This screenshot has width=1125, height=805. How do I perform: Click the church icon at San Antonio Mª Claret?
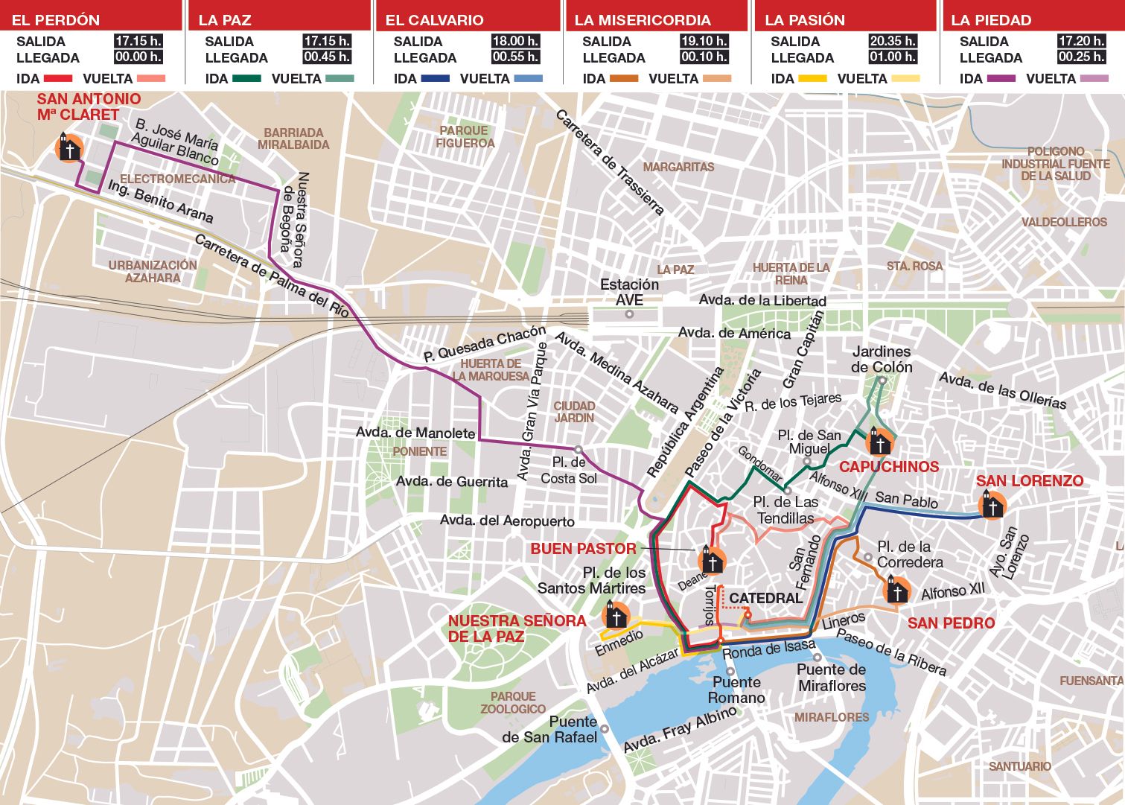click(x=69, y=148)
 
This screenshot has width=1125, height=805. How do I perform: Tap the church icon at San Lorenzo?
click(x=992, y=506)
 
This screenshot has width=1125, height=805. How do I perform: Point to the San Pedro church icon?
click(x=897, y=591)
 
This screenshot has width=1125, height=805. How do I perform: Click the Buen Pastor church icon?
click(x=713, y=560)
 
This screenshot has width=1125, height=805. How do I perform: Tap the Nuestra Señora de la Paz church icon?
click(x=616, y=616)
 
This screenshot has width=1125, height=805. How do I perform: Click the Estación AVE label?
click(x=629, y=292)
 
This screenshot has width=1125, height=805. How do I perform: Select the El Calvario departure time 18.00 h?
click(x=515, y=41)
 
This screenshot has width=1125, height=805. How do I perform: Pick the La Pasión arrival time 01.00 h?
click(x=893, y=57)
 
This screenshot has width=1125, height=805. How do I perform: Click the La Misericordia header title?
click(x=643, y=20)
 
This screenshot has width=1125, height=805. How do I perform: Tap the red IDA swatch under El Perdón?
click(x=58, y=79)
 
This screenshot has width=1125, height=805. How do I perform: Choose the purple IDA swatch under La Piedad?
click(x=1001, y=79)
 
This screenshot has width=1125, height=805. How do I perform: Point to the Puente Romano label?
click(x=736, y=690)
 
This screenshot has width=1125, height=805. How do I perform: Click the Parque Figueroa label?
click(x=465, y=136)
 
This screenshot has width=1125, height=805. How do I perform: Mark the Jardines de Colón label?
click(x=882, y=359)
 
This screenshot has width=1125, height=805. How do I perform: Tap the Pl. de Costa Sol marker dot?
click(x=578, y=449)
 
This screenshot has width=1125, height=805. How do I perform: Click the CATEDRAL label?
click(x=765, y=598)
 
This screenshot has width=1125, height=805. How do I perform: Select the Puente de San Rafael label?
click(x=549, y=729)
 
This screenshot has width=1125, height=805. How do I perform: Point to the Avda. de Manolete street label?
click(x=415, y=433)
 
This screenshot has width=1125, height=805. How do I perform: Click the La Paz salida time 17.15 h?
click(x=326, y=41)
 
